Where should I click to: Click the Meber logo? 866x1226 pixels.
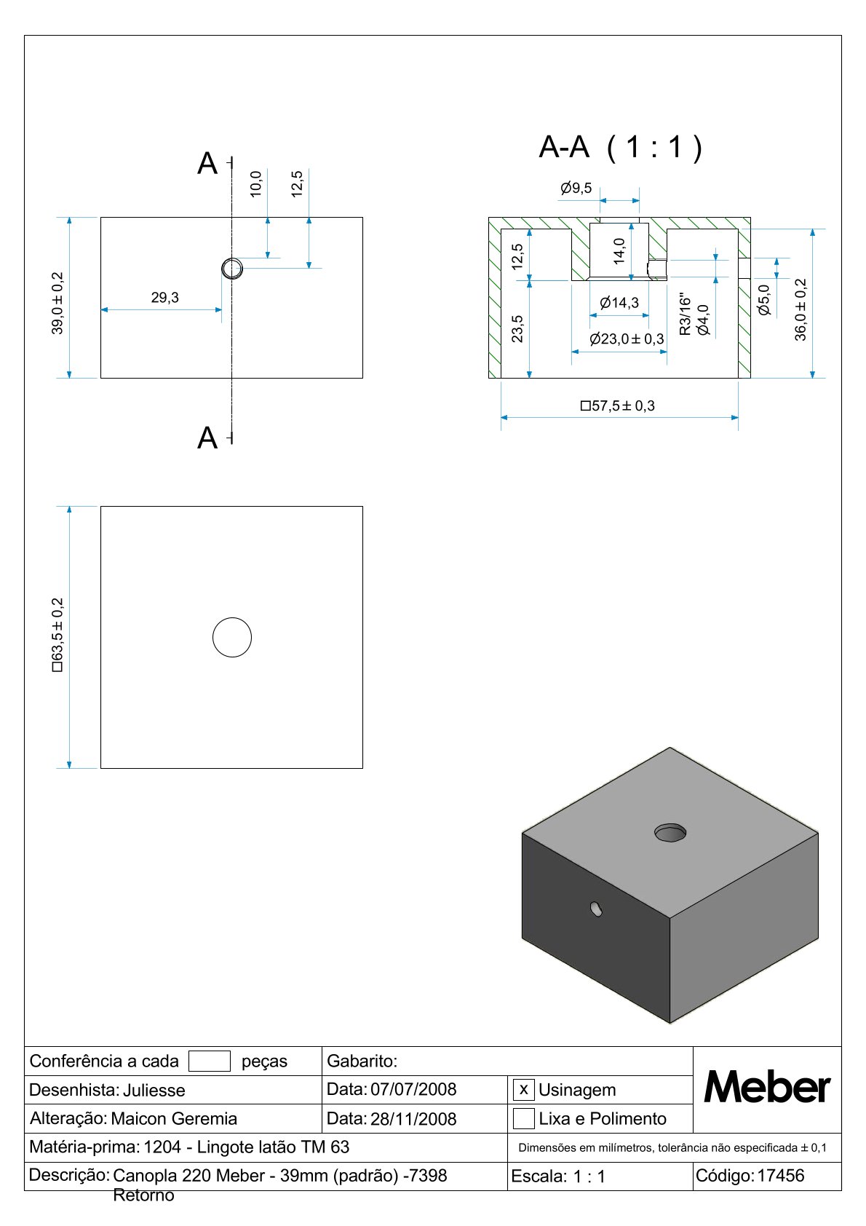click(766, 1088)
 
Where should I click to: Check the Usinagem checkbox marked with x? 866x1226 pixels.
click(523, 1090)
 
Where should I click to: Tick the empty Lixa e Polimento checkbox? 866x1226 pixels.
click(523, 1118)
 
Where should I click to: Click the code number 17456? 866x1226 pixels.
click(781, 1175)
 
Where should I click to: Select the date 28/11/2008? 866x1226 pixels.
click(413, 1119)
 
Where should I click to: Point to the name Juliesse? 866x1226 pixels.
click(154, 1090)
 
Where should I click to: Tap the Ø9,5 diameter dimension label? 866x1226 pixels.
click(576, 189)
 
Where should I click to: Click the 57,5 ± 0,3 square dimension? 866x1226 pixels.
click(618, 406)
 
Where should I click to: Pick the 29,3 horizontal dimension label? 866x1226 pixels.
click(164, 298)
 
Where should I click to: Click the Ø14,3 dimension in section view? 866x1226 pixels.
click(619, 303)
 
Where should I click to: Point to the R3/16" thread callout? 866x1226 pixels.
click(684, 315)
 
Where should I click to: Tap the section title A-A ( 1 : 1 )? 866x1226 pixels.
click(620, 147)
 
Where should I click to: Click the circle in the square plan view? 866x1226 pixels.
click(231, 637)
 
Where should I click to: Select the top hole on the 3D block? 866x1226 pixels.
click(670, 832)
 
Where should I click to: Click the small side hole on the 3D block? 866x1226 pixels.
click(597, 909)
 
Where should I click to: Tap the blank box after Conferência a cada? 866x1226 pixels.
click(209, 1061)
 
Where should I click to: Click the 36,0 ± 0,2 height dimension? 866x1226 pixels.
click(801, 309)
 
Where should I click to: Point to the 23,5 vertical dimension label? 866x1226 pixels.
click(517, 328)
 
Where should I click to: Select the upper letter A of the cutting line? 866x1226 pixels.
click(207, 164)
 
